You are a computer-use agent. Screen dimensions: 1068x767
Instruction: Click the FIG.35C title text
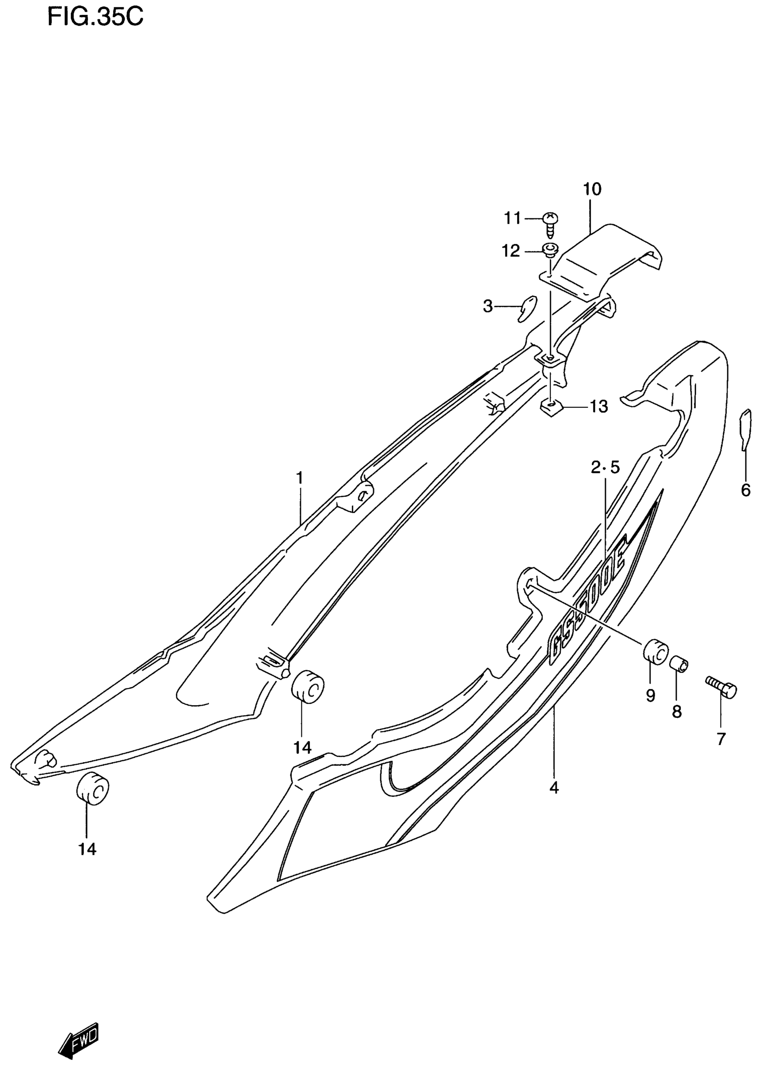(95, 18)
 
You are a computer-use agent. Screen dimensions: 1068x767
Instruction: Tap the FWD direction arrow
(79, 1037)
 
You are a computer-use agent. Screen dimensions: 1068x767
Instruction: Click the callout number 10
(592, 190)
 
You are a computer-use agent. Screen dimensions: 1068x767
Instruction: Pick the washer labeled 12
(550, 249)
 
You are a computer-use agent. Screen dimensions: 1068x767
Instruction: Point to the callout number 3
(488, 306)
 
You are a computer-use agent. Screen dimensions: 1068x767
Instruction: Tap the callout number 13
(599, 407)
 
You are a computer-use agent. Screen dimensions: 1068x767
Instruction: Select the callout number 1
(300, 477)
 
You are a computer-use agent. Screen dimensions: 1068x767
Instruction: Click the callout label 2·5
(605, 467)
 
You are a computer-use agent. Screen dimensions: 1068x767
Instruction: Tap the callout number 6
(745, 490)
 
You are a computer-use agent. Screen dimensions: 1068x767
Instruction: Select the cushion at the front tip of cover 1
(93, 789)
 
